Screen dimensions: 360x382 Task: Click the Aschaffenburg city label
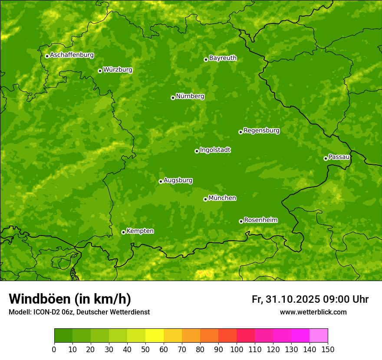coord(72,55)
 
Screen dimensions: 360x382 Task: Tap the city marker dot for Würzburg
coord(100,71)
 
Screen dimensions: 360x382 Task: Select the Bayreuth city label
coord(223,58)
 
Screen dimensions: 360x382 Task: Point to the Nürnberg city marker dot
coord(173,98)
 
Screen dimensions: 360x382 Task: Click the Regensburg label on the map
coord(261,131)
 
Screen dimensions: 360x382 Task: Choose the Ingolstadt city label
coord(215,150)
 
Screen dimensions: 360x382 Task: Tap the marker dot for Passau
coord(326,158)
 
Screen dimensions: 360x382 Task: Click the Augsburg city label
coord(178,180)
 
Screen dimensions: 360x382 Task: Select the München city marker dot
coord(205,199)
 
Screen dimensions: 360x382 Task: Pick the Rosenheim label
coord(260,220)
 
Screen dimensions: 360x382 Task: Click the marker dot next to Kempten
coord(123,232)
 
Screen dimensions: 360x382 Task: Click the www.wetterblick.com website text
coord(313,312)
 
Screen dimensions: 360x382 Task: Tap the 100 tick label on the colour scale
coord(237,349)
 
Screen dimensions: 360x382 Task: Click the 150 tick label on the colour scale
coord(328,349)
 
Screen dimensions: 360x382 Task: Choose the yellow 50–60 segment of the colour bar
coord(155,336)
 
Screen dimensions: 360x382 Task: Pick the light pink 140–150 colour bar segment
coord(319,336)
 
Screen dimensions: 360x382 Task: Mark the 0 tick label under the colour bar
coord(54,349)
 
